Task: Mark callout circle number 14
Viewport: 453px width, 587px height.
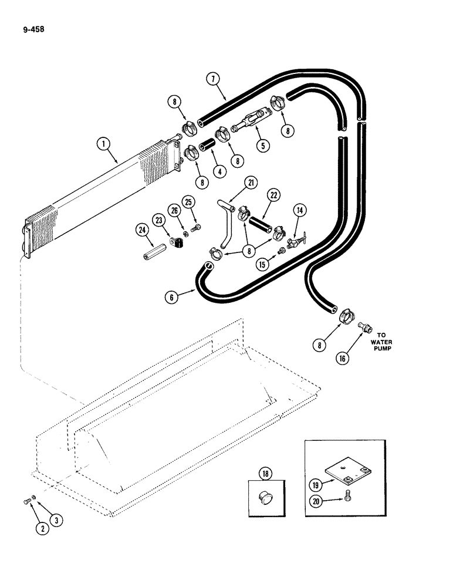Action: (x=300, y=211)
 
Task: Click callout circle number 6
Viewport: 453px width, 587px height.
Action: (x=171, y=297)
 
